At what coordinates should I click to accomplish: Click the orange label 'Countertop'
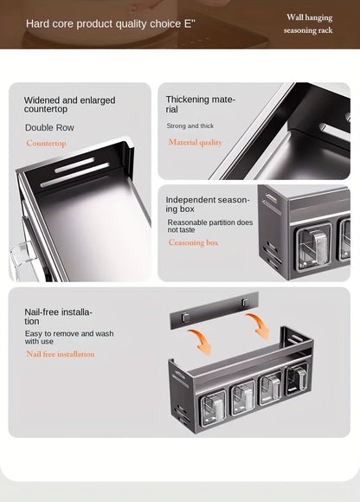(x=46, y=144)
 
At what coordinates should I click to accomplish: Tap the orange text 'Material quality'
(x=195, y=142)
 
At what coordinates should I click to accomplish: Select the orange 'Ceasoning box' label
(x=193, y=242)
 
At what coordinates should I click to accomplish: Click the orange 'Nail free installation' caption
(x=60, y=354)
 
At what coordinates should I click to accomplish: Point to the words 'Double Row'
(x=49, y=128)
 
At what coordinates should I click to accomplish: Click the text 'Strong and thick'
(x=190, y=126)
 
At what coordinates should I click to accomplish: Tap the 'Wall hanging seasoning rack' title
(x=309, y=23)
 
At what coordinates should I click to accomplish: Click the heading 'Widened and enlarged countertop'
(x=69, y=106)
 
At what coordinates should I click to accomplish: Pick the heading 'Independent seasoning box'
(x=208, y=204)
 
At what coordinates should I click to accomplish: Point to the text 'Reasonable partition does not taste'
(x=210, y=227)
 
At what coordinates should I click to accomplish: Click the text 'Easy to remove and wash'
(x=69, y=338)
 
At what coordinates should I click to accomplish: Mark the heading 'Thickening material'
(x=200, y=105)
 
